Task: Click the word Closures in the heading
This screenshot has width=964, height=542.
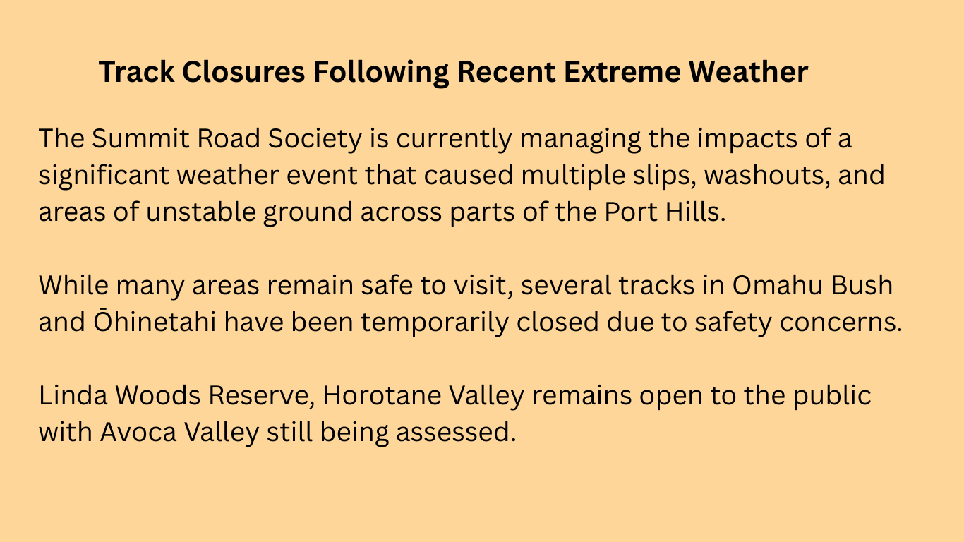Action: pos(243,71)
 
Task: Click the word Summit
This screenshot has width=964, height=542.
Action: pos(140,138)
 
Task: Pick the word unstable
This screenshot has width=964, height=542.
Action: pos(201,212)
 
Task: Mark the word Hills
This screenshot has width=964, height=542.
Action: pos(695,212)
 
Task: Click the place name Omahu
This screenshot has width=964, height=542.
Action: pos(778,285)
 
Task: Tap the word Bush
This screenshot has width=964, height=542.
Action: pos(862,285)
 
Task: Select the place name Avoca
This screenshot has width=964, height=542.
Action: pos(138,432)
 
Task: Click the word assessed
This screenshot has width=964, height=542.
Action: pos(456,432)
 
